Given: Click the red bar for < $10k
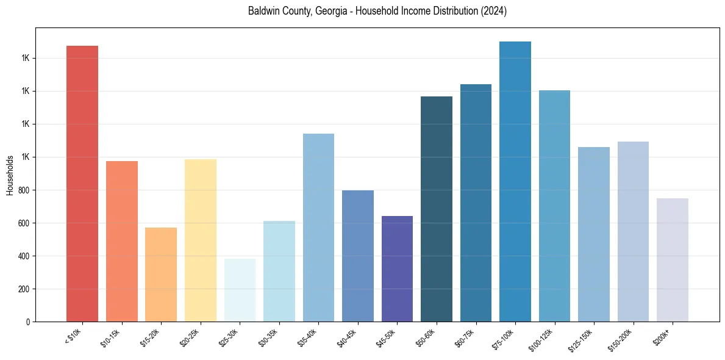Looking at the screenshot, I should click(x=82, y=183).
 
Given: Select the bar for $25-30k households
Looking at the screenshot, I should click(x=240, y=290).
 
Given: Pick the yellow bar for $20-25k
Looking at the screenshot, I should click(x=201, y=240).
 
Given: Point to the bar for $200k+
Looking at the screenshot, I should click(x=673, y=260).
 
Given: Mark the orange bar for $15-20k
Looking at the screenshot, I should click(x=161, y=275).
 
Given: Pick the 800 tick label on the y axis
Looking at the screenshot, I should click(x=25, y=190).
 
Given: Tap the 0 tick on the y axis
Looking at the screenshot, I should click(x=29, y=322).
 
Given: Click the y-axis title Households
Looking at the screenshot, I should click(x=10, y=175).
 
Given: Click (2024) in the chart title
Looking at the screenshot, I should click(x=495, y=12).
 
